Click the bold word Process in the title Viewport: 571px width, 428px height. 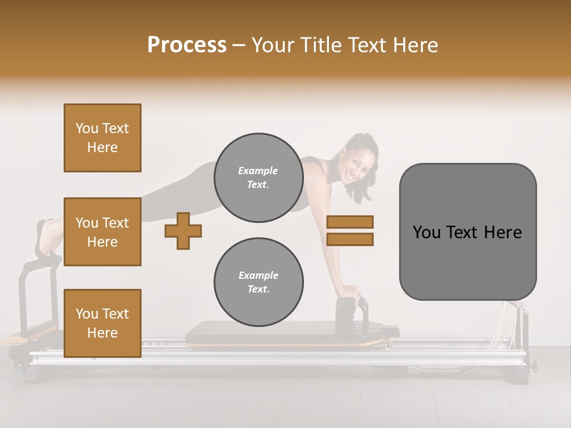click(x=187, y=45)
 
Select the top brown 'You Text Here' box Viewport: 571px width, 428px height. click(x=102, y=138)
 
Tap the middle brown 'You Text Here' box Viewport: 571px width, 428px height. click(x=102, y=232)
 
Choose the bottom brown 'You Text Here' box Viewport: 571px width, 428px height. click(x=102, y=323)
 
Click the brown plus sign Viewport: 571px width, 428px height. click(x=183, y=231)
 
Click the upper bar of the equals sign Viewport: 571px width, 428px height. click(x=350, y=222)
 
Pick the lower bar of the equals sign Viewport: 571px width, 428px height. click(x=350, y=240)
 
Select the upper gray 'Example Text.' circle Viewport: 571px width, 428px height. click(x=258, y=177)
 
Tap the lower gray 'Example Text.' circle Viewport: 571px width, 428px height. click(x=258, y=282)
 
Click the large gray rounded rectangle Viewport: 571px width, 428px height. click(x=468, y=262)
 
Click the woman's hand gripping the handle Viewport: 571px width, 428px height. click(x=352, y=293)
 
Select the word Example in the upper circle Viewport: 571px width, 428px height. click(x=258, y=171)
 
